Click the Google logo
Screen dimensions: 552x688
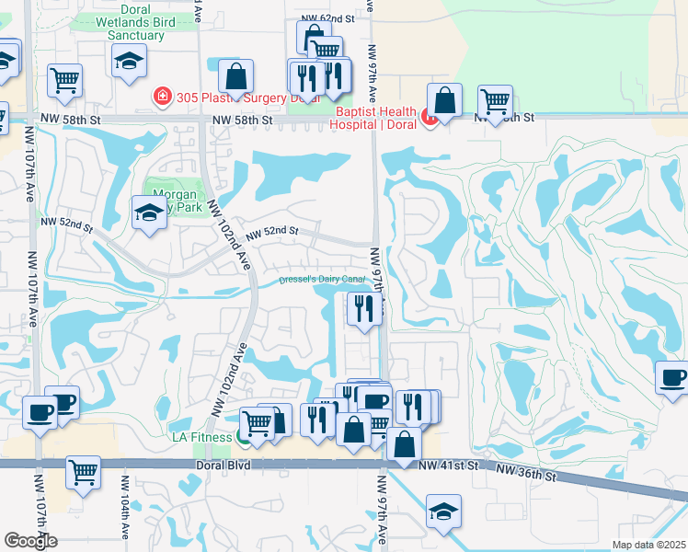30,541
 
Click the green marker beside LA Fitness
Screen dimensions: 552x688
243,436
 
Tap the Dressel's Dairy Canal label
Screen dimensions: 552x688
322,280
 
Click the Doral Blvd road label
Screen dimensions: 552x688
224,466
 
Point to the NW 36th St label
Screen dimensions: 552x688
526,475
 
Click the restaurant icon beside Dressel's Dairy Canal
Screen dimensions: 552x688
364,308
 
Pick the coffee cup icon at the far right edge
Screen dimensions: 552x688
672,377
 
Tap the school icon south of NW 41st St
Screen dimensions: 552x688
443,511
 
